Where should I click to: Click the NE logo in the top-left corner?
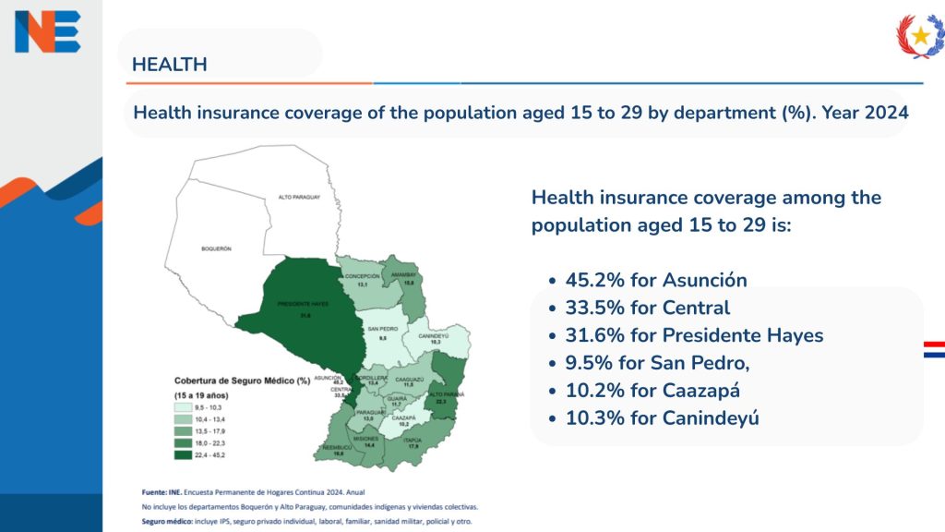click(x=47, y=31)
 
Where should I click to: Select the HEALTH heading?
click(x=170, y=65)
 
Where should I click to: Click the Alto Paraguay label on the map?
click(x=298, y=198)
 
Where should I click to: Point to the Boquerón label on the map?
click(x=216, y=248)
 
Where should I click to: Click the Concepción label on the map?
click(x=363, y=275)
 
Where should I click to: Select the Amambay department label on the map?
click(x=407, y=274)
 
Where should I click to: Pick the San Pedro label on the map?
click(x=383, y=329)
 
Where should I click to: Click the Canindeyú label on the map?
click(x=435, y=335)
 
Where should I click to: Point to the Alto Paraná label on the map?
click(x=446, y=393)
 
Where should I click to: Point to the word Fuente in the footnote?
click(x=155, y=493)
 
